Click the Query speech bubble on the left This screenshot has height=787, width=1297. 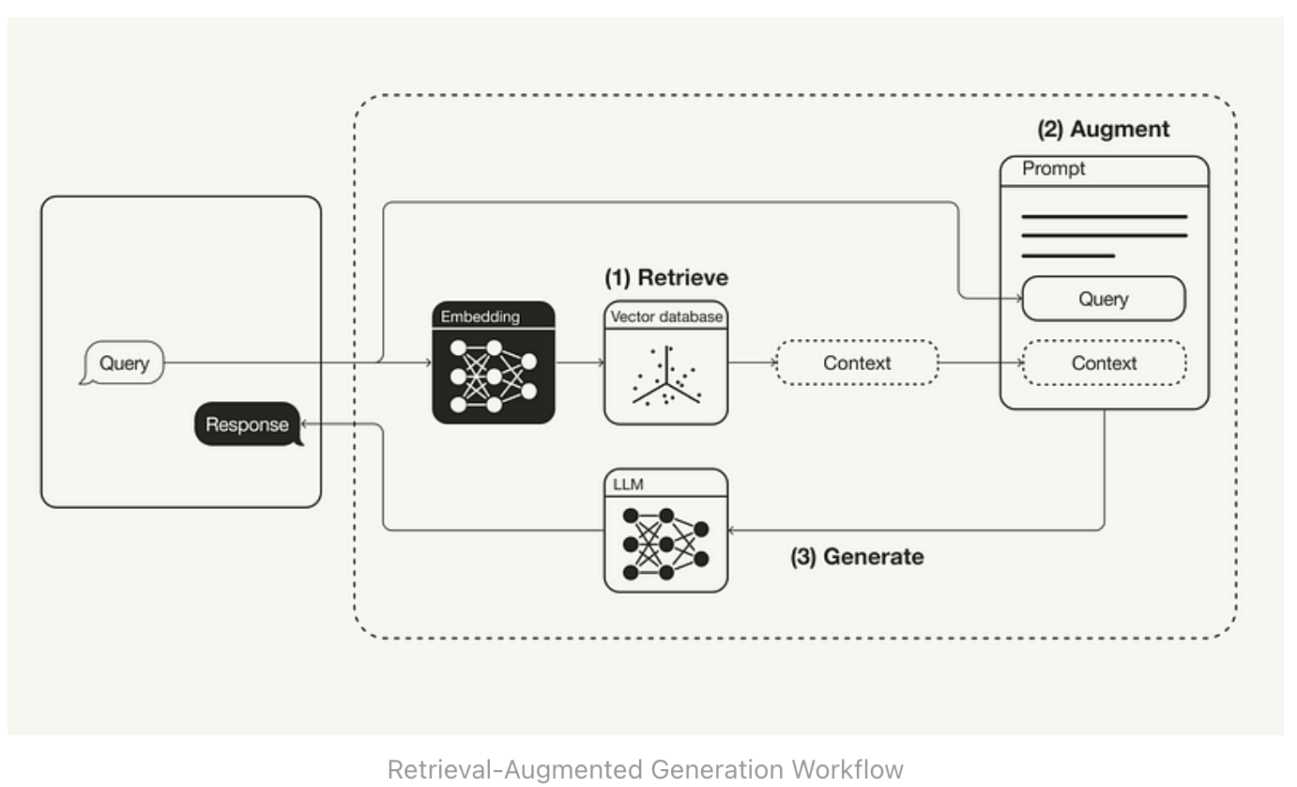point(123,363)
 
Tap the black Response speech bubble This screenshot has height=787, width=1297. point(248,424)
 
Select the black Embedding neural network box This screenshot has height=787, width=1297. point(494,363)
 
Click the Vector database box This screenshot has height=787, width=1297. point(666,363)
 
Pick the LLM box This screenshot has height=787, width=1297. point(666,531)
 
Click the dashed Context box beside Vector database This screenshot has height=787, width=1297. point(857,363)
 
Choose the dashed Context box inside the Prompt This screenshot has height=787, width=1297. point(1104,363)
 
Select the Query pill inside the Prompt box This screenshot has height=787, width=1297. point(1104,300)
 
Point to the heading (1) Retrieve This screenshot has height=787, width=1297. point(666,278)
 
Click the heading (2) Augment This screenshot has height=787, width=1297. point(1104,130)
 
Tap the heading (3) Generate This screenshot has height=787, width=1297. point(857,557)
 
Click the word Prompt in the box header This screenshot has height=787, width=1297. point(1054,169)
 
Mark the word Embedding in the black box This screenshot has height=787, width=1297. point(480,316)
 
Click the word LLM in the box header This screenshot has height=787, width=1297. point(626,484)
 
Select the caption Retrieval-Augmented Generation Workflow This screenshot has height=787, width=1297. point(646,769)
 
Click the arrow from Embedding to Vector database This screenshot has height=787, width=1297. point(580,363)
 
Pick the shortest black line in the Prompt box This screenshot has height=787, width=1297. point(1068,255)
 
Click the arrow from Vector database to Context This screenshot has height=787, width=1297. point(752,363)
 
